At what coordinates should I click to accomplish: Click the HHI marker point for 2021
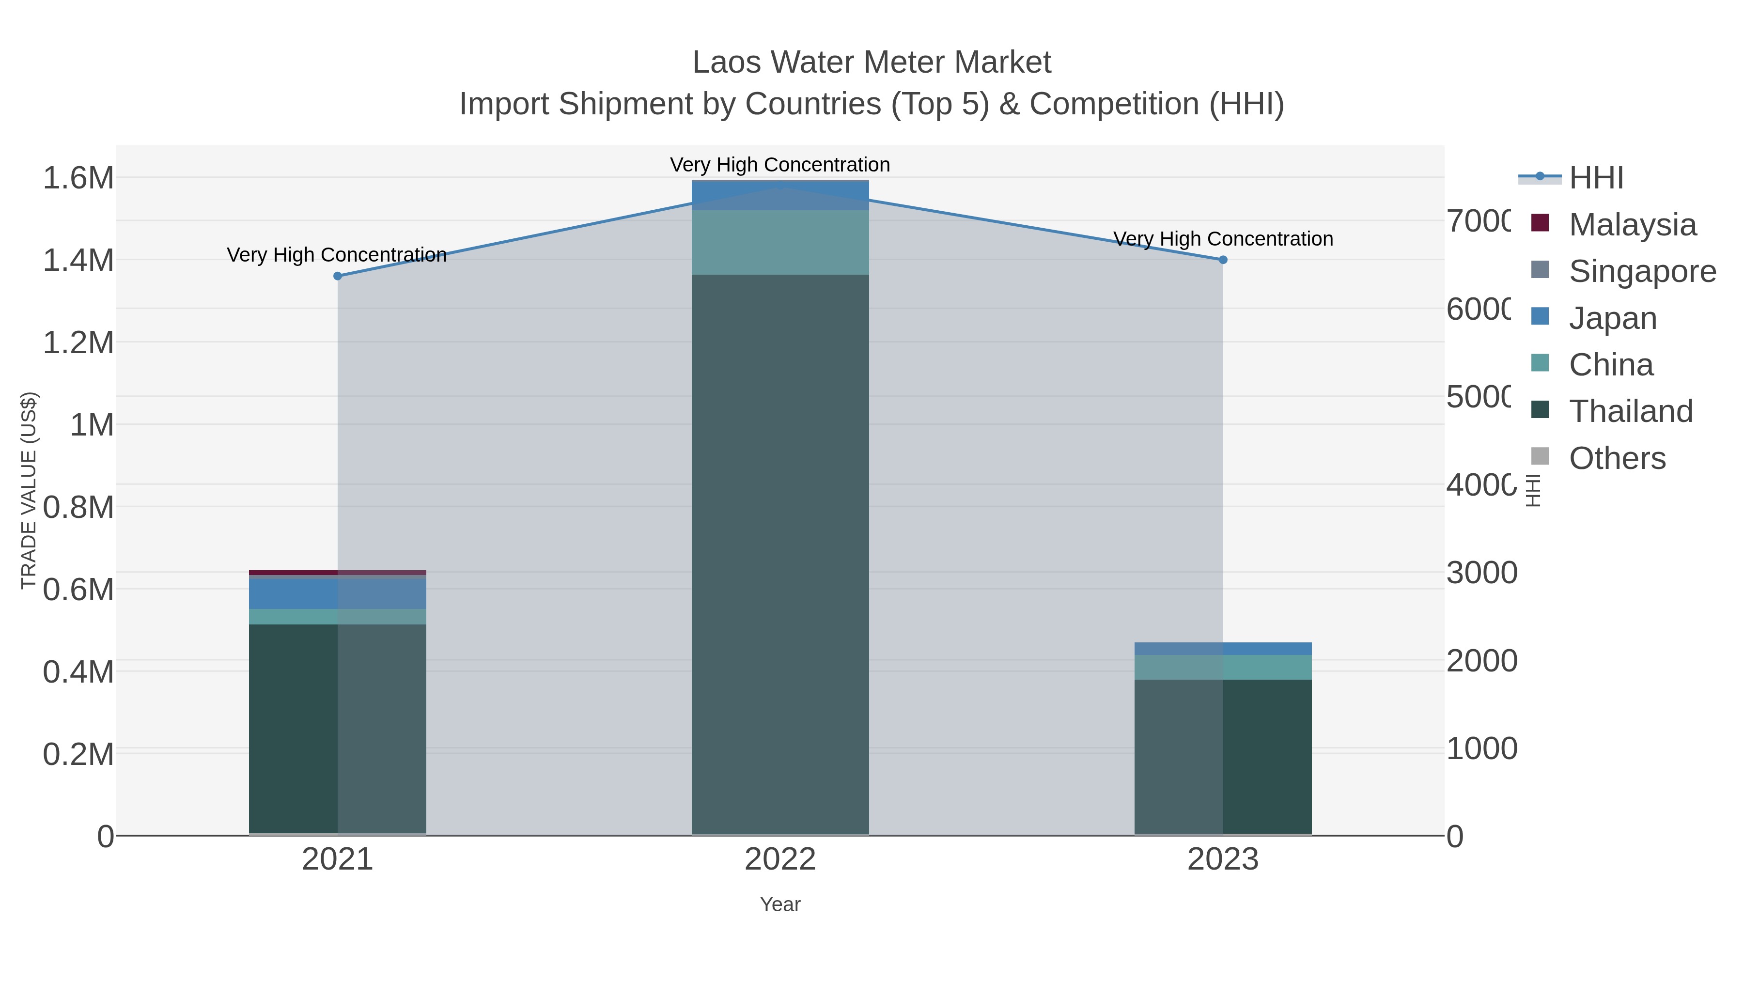[x=338, y=276]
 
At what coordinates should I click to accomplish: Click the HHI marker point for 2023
[x=1223, y=260]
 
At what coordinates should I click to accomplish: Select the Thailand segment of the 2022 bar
[x=780, y=555]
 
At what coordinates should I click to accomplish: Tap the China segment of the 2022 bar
[x=780, y=242]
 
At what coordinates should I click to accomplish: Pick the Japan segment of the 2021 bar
[x=337, y=593]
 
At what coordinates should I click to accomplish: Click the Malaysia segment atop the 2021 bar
[x=337, y=573]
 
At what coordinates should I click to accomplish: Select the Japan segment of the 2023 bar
[x=1223, y=649]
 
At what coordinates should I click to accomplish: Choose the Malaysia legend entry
[x=1632, y=225]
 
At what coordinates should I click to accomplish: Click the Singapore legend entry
[x=1642, y=271]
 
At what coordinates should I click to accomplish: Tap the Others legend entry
[x=1617, y=458]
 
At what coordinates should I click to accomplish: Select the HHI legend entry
[x=1596, y=178]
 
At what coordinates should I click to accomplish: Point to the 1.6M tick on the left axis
[x=78, y=179]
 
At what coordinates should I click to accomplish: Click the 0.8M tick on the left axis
[x=78, y=508]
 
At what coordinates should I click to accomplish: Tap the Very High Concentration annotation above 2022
[x=780, y=165]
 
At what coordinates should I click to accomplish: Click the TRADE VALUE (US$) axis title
[x=29, y=490]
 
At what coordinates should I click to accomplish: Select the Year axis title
[x=780, y=904]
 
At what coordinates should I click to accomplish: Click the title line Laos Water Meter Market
[x=872, y=62]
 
